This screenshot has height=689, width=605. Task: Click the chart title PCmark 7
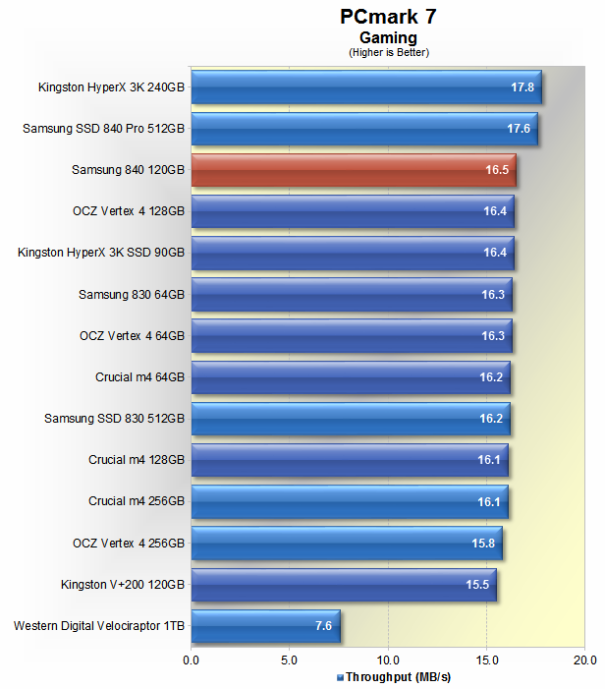pyautogui.click(x=388, y=17)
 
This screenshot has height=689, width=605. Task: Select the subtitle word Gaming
pyautogui.click(x=388, y=38)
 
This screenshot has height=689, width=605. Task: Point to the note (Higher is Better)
pyautogui.click(x=389, y=52)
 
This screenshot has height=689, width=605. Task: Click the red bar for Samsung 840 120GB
pyautogui.click(x=354, y=170)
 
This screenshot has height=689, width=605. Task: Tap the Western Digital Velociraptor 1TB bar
pyautogui.click(x=265, y=625)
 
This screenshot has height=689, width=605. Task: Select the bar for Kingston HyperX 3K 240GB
pyautogui.click(x=365, y=86)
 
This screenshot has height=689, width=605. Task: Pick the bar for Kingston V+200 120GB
pyautogui.click(x=344, y=584)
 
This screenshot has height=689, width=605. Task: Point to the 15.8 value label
pyautogui.click(x=485, y=543)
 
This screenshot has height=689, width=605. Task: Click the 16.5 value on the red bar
pyautogui.click(x=498, y=170)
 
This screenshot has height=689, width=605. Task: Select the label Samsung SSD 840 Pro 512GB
pyautogui.click(x=103, y=129)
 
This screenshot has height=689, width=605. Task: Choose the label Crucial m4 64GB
pyautogui.click(x=139, y=376)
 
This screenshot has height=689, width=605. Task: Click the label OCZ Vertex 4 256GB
pyautogui.click(x=129, y=543)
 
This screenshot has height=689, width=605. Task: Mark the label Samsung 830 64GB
pyautogui.click(x=132, y=294)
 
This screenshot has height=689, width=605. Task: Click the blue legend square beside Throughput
pyautogui.click(x=340, y=677)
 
